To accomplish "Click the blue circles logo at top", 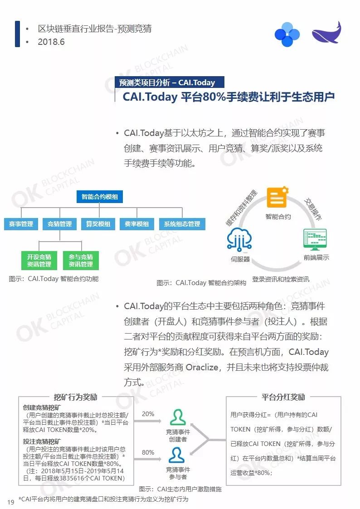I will [x=287, y=34].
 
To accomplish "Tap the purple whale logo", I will [x=326, y=34].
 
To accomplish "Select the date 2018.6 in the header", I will [x=52, y=42].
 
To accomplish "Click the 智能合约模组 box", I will [x=99, y=197].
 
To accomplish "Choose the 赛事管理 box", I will [x=21, y=224].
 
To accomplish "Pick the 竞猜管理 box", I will [x=59, y=224].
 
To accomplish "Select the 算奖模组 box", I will [x=98, y=224].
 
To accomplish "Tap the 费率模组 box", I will [x=136, y=224].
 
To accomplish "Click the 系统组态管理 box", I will [x=182, y=224].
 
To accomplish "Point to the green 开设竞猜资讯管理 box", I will [x=39, y=260].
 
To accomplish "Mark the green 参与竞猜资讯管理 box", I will [x=81, y=260].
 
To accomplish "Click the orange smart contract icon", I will [x=277, y=199].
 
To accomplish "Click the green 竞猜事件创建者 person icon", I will [x=178, y=417].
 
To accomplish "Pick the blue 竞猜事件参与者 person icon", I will [x=178, y=455].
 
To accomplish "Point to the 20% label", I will [x=148, y=414].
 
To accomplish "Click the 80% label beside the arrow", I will [x=148, y=452].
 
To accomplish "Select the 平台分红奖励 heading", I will [x=283, y=397].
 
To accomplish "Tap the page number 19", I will [x=11, y=501].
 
